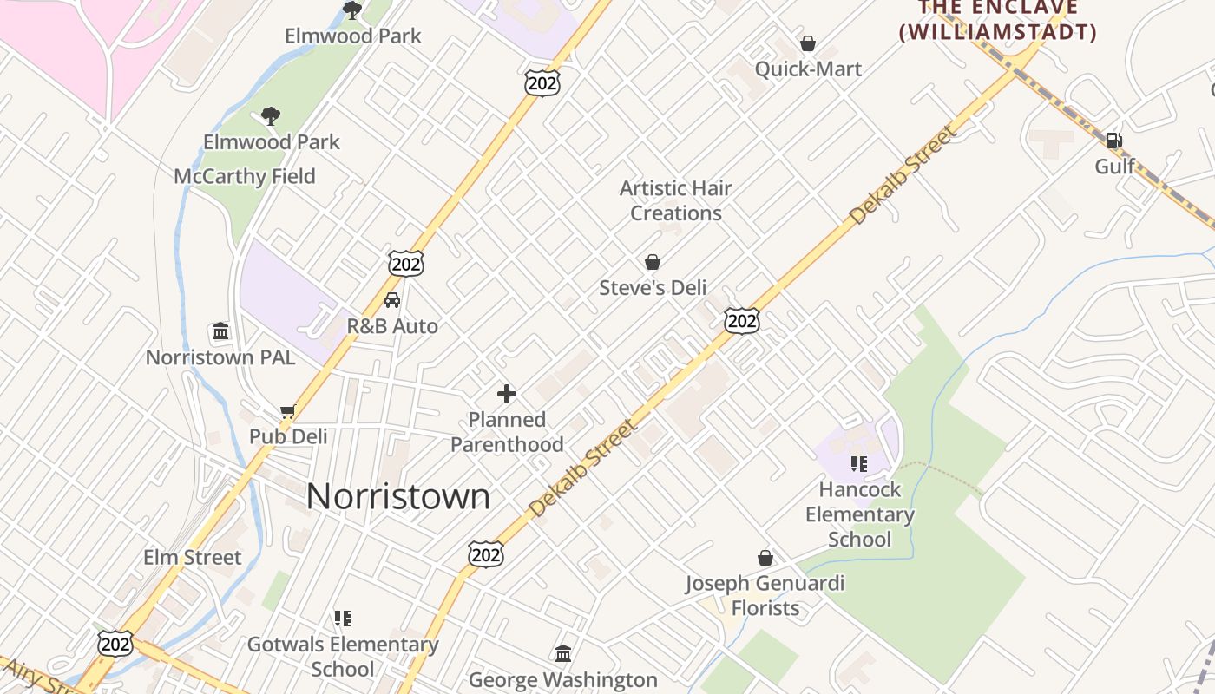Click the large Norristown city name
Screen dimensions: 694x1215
(x=397, y=496)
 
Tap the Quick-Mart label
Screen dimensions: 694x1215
(x=808, y=69)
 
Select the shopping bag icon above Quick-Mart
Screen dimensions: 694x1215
(x=808, y=43)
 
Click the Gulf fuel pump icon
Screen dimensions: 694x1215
(x=1113, y=140)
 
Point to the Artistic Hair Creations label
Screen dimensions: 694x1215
(x=675, y=200)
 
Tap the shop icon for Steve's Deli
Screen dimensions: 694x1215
(x=652, y=262)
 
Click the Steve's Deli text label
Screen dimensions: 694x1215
(x=653, y=287)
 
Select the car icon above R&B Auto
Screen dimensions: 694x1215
(x=392, y=301)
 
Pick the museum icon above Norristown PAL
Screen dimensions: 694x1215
(x=220, y=331)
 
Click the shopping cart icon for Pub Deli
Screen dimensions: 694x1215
(x=288, y=411)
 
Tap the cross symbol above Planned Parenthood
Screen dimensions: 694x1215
(x=507, y=395)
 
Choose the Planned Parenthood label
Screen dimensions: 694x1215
(x=507, y=432)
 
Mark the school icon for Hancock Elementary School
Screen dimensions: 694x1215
(x=859, y=464)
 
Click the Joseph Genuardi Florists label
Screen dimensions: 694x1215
(x=765, y=595)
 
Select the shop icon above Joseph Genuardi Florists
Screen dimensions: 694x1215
(x=765, y=558)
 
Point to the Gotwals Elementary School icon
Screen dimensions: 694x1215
(x=343, y=619)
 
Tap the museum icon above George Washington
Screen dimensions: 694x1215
(x=563, y=653)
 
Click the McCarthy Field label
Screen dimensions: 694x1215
(x=245, y=176)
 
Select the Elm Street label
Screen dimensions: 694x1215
(x=193, y=557)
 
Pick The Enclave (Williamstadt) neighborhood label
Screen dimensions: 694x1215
(x=997, y=21)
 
